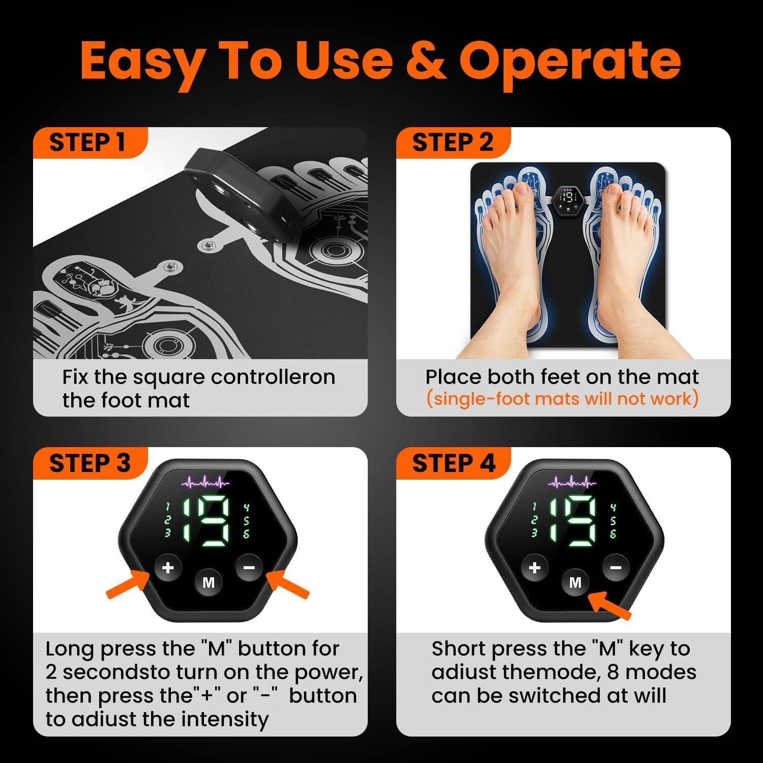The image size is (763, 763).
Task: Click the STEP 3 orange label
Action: [x=90, y=463]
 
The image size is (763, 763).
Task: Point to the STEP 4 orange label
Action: [x=453, y=463]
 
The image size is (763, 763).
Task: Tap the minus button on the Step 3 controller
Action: [x=249, y=567]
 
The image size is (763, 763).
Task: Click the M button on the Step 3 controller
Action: [x=209, y=582]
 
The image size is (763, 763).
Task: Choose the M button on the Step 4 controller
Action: [x=575, y=582]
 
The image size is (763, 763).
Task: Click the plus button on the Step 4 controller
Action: [x=534, y=567]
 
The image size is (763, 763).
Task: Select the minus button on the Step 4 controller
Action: [x=615, y=567]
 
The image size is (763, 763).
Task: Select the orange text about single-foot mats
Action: [x=562, y=398]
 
